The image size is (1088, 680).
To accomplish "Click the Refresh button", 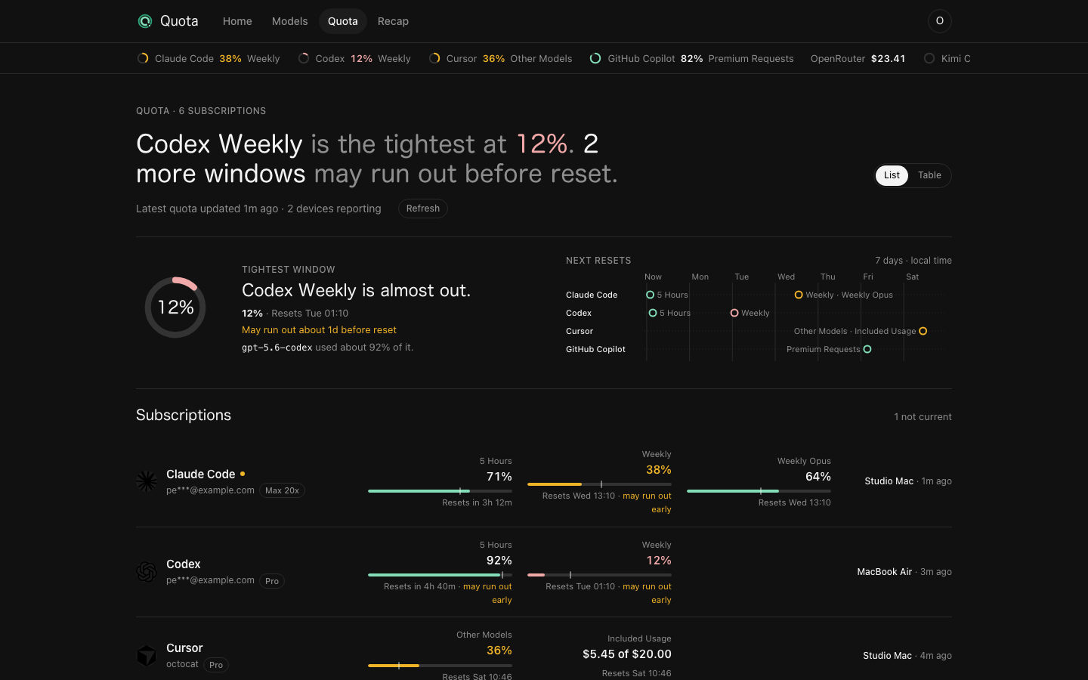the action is click(422, 209).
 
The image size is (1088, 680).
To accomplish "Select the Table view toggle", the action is click(929, 175).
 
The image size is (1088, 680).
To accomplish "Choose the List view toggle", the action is click(892, 175).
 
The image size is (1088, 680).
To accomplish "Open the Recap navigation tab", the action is click(393, 21).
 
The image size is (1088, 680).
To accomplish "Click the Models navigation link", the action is click(289, 21).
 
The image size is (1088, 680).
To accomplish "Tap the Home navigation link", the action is click(237, 21).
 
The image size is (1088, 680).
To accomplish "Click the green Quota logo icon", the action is click(145, 21).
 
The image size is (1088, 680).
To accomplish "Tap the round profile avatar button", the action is click(939, 21).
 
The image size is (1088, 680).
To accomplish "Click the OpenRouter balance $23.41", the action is click(888, 59).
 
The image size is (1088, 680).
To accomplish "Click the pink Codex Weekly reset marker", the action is click(734, 313).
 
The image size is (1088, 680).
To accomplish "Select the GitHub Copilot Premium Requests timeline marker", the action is click(867, 349).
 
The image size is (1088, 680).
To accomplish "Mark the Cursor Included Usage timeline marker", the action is click(923, 331).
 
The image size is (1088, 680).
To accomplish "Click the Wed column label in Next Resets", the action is click(786, 277).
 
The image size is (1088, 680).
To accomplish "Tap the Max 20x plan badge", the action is click(282, 490).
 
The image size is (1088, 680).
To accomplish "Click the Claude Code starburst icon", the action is click(147, 481).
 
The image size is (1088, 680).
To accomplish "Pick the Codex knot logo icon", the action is click(147, 572).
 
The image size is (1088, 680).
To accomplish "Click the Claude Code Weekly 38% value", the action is click(658, 470).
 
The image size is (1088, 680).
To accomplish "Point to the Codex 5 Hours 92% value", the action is click(499, 561).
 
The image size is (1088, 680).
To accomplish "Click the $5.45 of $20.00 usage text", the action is click(626, 654).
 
